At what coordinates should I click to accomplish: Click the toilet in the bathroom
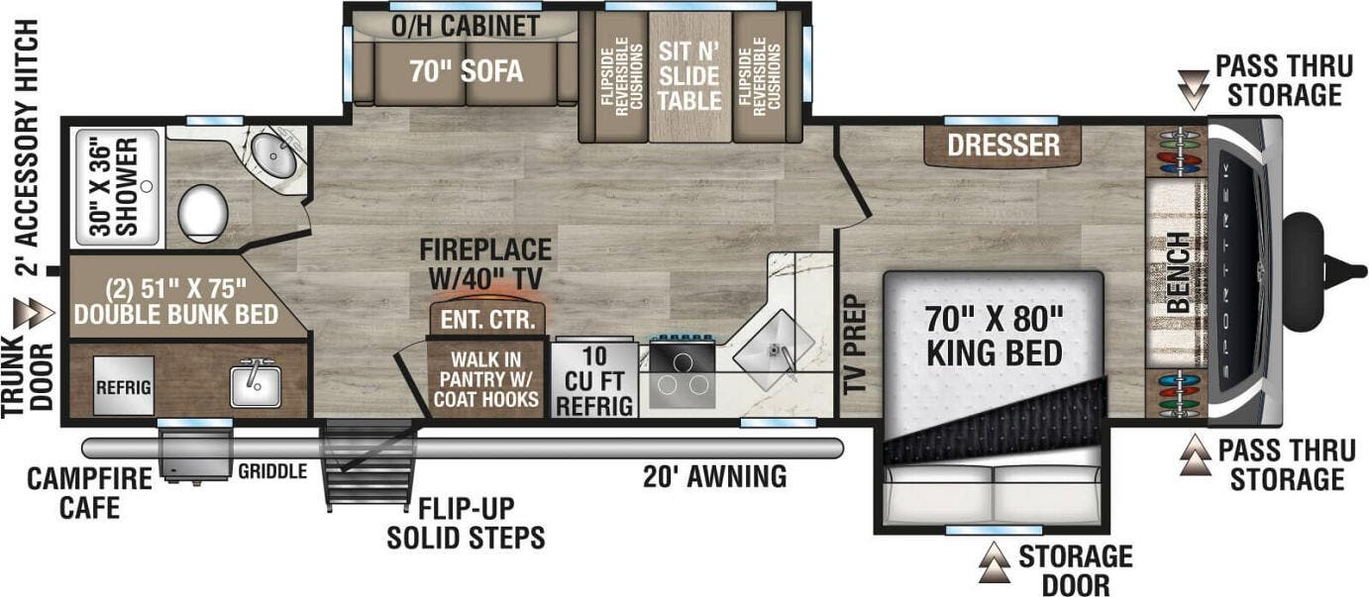[x=203, y=213]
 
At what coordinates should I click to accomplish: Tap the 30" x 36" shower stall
[x=116, y=187]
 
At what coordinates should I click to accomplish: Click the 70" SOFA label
[x=467, y=71]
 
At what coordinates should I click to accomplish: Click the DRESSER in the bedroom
[x=1002, y=146]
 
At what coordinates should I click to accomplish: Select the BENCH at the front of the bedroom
[x=1176, y=272]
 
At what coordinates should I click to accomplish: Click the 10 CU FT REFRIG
[x=593, y=381]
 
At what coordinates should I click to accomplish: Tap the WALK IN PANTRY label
[x=484, y=379]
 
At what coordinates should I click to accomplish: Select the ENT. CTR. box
[x=486, y=320]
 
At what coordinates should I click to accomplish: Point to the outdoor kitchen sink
[x=255, y=384]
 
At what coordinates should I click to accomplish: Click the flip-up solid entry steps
[x=369, y=465]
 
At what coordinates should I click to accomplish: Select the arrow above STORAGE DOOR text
[x=994, y=563]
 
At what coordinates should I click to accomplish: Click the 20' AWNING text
[x=714, y=477]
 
